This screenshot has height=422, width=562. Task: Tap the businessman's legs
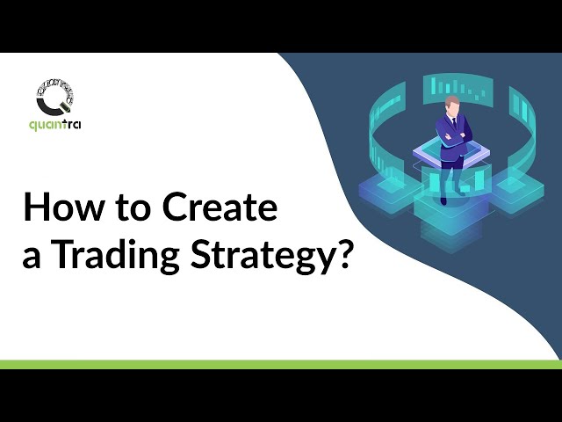tap(451, 176)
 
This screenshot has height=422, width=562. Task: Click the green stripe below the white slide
tap(281, 364)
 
